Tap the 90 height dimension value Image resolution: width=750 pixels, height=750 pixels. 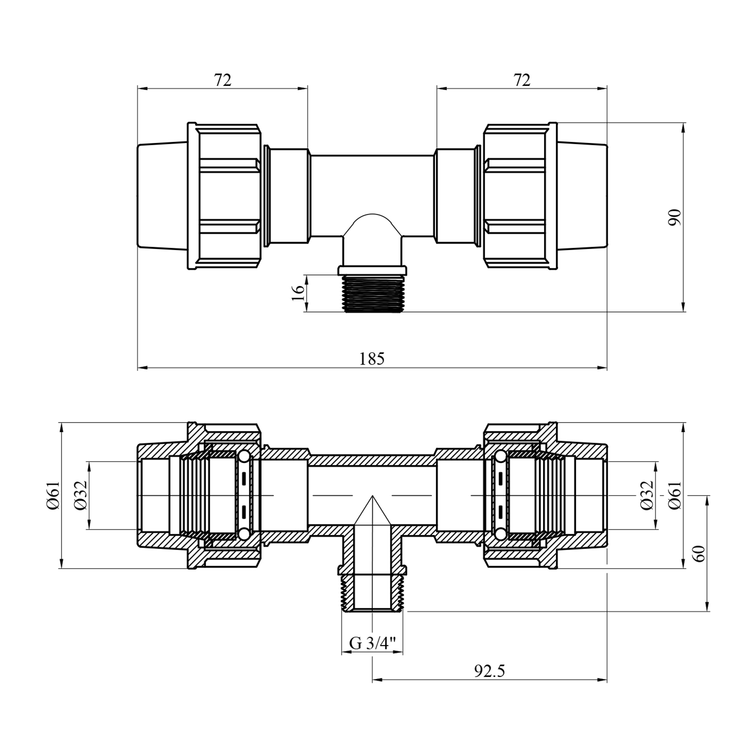tap(675, 217)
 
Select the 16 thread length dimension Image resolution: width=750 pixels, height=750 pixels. tap(297, 293)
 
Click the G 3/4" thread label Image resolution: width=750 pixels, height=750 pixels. tap(372, 643)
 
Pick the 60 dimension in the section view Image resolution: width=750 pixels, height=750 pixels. tap(699, 553)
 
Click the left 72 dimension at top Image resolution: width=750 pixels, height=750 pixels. tap(223, 79)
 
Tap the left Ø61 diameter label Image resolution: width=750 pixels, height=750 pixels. tap(53, 495)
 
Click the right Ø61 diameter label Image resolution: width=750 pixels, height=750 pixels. tap(675, 495)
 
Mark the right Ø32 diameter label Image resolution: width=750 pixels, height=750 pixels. tap(647, 495)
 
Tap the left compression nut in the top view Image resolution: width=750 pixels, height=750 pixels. tap(225, 196)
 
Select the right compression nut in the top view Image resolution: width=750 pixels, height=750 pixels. tap(520, 196)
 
